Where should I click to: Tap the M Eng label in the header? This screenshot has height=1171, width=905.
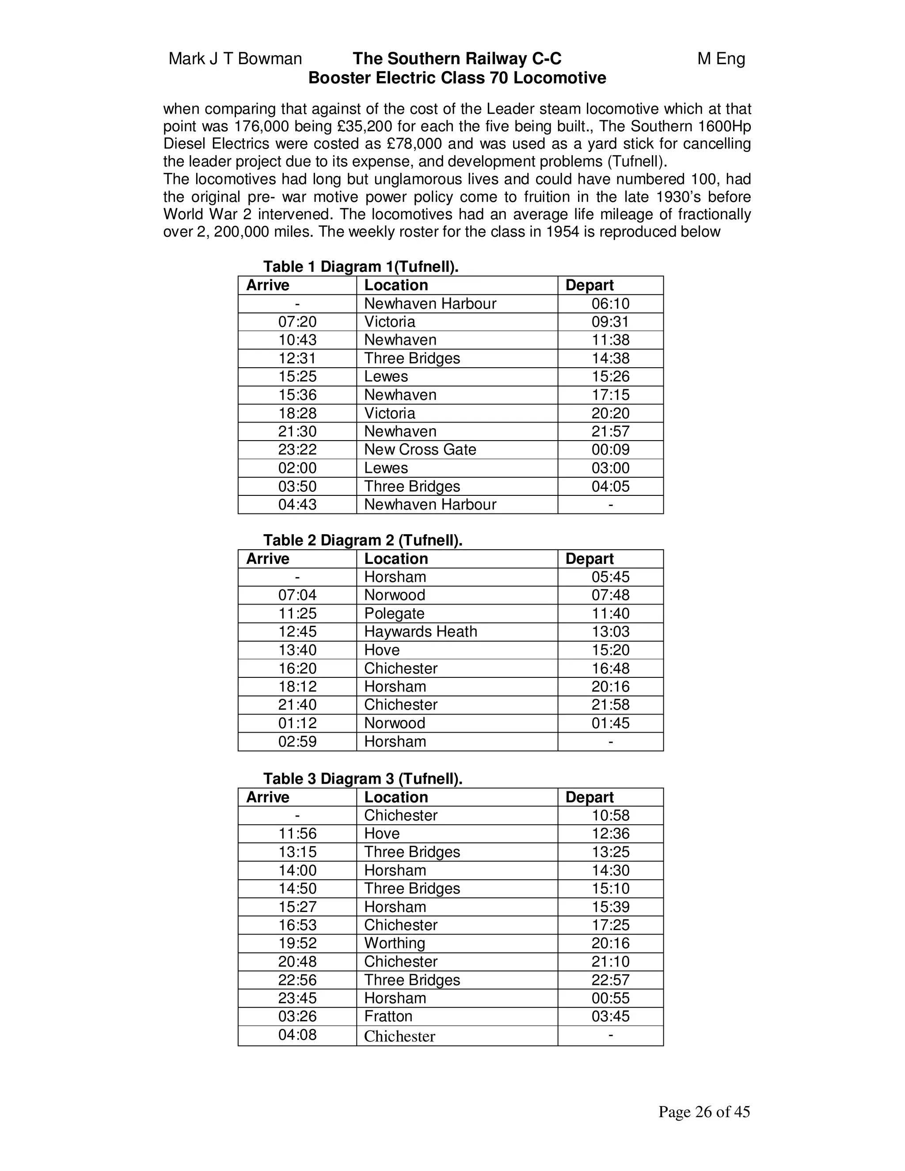(721, 58)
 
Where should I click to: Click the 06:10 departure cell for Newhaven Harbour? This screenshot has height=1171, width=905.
(610, 304)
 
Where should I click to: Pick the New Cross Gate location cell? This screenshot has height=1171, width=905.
(420, 449)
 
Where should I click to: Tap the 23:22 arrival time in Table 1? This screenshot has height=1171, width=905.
(297, 449)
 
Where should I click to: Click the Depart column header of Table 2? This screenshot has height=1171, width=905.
(589, 558)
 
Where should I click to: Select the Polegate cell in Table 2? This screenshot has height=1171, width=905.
(394, 613)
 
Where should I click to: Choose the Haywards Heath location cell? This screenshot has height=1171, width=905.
(420, 631)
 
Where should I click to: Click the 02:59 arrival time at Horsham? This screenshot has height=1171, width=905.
(297, 741)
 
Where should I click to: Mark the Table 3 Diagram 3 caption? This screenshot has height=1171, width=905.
(362, 778)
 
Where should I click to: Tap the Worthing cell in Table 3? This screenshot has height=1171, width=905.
(394, 943)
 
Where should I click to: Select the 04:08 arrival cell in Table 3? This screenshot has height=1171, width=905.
(297, 1034)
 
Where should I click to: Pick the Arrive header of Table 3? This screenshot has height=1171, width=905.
(267, 797)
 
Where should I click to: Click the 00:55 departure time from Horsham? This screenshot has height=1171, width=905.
(610, 998)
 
